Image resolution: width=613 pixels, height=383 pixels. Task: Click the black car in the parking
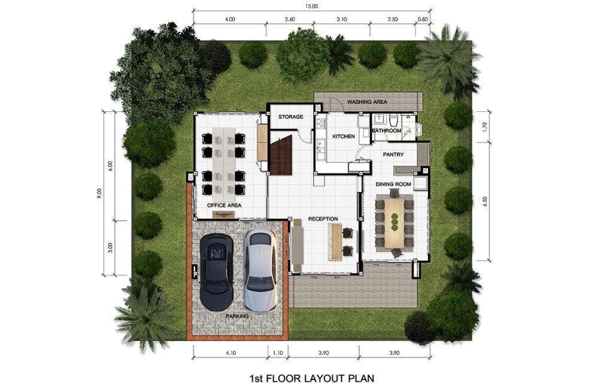point(217,272)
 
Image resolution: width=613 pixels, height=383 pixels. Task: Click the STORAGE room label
point(290,117)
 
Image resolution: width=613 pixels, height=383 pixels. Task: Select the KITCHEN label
point(344,136)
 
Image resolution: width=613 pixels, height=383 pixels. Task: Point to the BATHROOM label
point(387,130)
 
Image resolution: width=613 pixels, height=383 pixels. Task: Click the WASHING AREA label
point(367,102)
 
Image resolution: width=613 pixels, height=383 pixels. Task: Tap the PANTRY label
point(393,154)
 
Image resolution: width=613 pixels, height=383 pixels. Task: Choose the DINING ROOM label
point(393,184)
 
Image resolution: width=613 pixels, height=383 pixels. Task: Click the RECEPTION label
point(323,219)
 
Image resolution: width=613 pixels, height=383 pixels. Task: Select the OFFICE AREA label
point(224,205)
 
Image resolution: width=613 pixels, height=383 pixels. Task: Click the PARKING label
point(237,316)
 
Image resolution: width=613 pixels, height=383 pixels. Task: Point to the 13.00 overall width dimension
point(311,6)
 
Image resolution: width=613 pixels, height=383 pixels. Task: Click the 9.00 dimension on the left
point(99,194)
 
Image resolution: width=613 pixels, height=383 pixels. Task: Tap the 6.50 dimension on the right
point(485,201)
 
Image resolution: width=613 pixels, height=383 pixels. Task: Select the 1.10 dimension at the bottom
point(278,353)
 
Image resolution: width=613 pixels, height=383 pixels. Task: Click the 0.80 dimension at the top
point(423,19)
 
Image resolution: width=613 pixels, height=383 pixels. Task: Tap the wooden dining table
point(394,223)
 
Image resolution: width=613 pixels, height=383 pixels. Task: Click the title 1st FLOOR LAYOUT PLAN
point(311,378)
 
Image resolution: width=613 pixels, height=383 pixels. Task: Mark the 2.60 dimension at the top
point(290,19)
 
